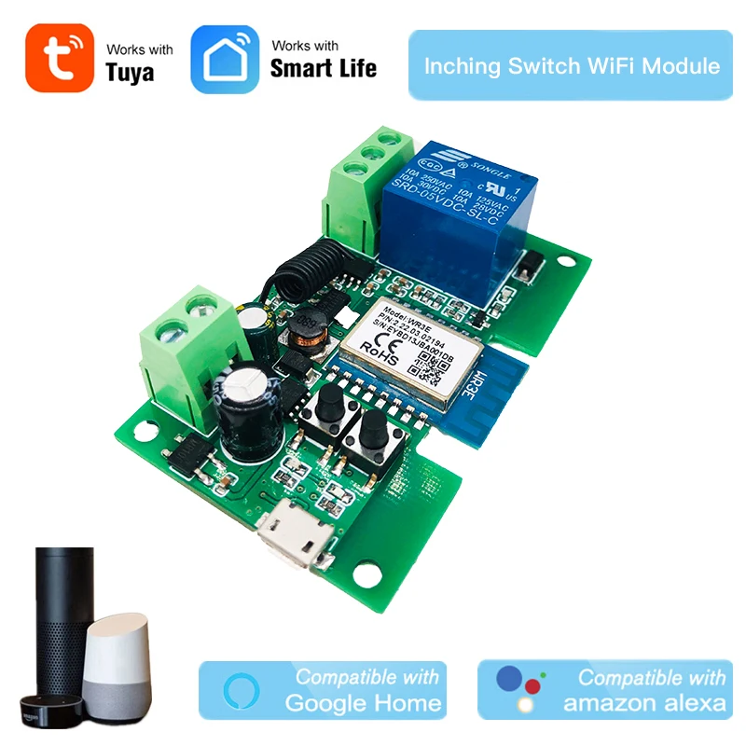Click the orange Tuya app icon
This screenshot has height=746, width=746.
click(x=60, y=58)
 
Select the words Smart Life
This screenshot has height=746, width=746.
click(x=324, y=67)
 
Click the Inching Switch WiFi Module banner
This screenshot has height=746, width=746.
click(x=572, y=65)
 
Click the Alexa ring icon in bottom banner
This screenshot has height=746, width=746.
click(x=237, y=691)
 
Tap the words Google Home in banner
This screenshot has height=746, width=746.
click(x=364, y=703)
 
